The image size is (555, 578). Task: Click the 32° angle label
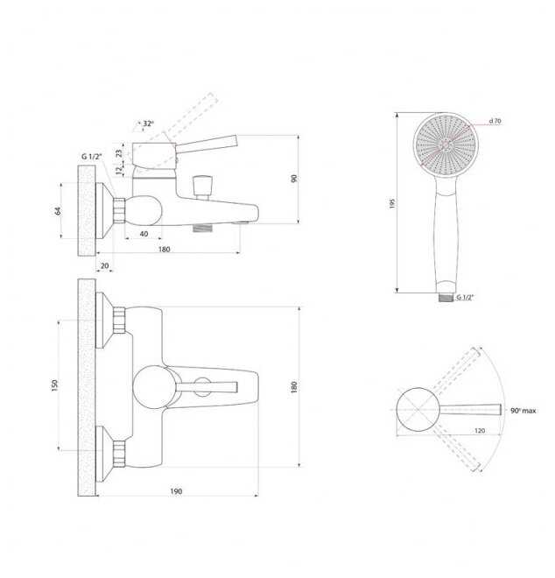(x=148, y=123)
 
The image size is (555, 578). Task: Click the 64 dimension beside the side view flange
(x=58, y=211)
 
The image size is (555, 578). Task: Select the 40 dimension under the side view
(x=144, y=234)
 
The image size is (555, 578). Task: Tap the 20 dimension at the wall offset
(x=105, y=265)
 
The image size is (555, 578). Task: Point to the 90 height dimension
(x=294, y=179)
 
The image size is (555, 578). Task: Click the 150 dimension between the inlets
(x=55, y=385)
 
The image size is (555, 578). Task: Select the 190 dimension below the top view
(x=176, y=491)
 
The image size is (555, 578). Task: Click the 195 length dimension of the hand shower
(x=392, y=203)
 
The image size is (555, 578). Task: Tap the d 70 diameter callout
(x=495, y=121)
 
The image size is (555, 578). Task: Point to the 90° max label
(x=523, y=411)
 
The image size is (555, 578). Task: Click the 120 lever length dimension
(x=480, y=431)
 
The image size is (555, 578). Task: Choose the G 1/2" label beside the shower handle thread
(x=465, y=298)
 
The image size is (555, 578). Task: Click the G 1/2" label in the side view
(x=91, y=157)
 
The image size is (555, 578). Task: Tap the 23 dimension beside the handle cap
(x=119, y=153)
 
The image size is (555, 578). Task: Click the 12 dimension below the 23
(x=119, y=170)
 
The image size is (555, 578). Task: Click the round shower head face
(x=446, y=145)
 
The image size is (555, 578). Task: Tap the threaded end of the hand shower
(x=446, y=298)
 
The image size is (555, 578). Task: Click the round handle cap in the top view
(x=154, y=387)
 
